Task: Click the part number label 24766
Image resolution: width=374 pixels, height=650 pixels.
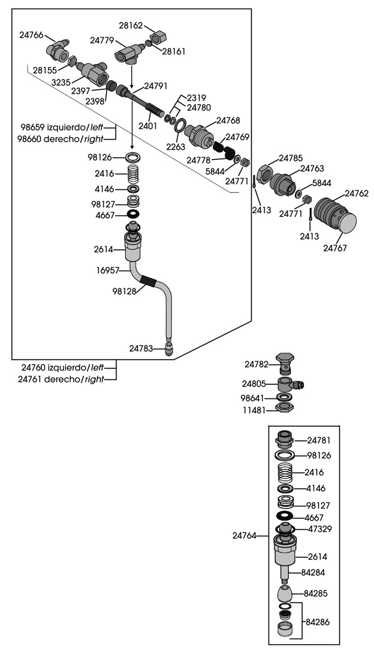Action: (31, 35)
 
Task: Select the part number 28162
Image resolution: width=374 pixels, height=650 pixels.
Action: (131, 25)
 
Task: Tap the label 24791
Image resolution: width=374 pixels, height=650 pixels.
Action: (156, 86)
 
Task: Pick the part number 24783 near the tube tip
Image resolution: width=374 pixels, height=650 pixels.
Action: (141, 349)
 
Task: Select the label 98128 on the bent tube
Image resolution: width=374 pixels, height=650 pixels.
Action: (124, 291)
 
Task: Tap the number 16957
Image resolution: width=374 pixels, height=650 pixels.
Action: (108, 270)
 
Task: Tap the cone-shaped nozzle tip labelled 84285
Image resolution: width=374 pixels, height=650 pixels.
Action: (285, 594)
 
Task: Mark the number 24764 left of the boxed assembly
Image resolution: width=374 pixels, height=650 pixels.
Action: (244, 536)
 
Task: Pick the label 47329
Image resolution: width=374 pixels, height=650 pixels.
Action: (320, 529)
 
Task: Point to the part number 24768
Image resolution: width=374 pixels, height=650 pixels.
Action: (228, 121)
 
